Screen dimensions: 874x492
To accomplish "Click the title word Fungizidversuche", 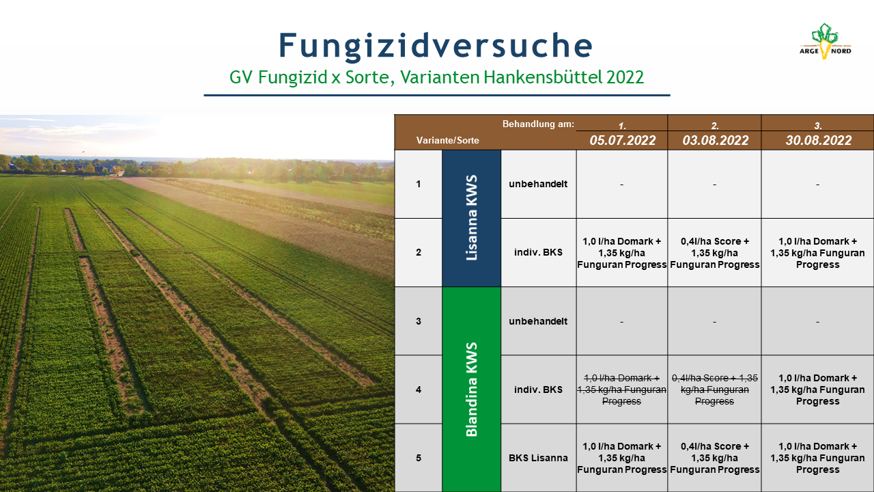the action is [x=436, y=46].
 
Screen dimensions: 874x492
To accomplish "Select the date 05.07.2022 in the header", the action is [x=622, y=140].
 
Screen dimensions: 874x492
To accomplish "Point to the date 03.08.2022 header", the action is [x=715, y=140].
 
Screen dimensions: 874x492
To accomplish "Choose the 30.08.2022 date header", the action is [x=818, y=140].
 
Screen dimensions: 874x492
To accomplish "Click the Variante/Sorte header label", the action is [x=447, y=141].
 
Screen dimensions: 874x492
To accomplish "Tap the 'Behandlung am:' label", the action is [x=538, y=124].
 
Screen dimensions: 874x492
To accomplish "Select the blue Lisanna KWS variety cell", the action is [x=471, y=218].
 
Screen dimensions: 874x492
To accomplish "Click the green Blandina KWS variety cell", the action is [x=471, y=389].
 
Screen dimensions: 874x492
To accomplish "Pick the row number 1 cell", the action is [x=419, y=184].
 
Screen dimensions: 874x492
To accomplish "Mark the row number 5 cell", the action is [x=419, y=458].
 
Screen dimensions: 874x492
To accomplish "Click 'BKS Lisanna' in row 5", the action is [x=538, y=458].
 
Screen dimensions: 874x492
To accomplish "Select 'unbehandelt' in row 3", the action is [x=538, y=321].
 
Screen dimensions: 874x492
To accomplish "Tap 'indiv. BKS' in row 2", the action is [x=538, y=252].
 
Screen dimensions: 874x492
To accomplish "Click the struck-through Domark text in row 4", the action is [x=621, y=389].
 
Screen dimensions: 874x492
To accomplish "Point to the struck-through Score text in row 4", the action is [x=714, y=389].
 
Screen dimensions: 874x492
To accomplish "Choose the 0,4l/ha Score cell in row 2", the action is [x=714, y=253].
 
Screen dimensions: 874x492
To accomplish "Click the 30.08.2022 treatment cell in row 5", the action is [x=817, y=458].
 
